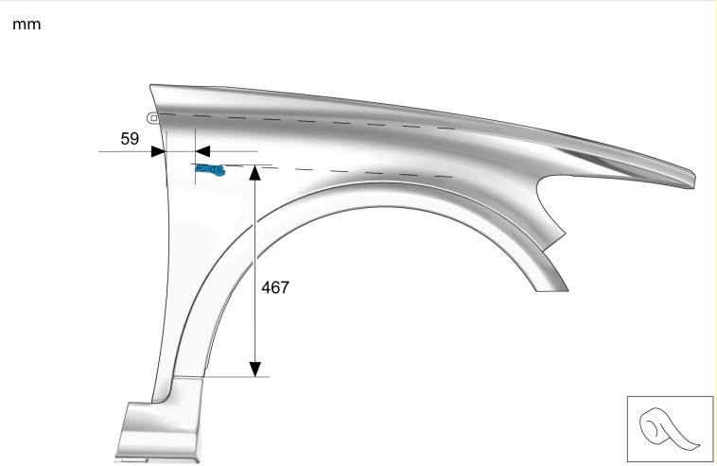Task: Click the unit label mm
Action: pos(26,25)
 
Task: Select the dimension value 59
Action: pos(130,138)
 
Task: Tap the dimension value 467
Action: pos(275,287)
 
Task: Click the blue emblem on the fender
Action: pos(210,169)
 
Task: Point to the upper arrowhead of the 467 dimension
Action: pos(255,172)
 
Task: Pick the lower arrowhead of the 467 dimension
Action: pos(255,370)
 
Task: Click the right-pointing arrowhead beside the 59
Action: pos(158,151)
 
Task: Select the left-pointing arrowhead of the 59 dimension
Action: pos(202,151)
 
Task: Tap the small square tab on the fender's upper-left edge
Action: pos(153,118)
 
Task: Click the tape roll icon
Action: pos(669,429)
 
